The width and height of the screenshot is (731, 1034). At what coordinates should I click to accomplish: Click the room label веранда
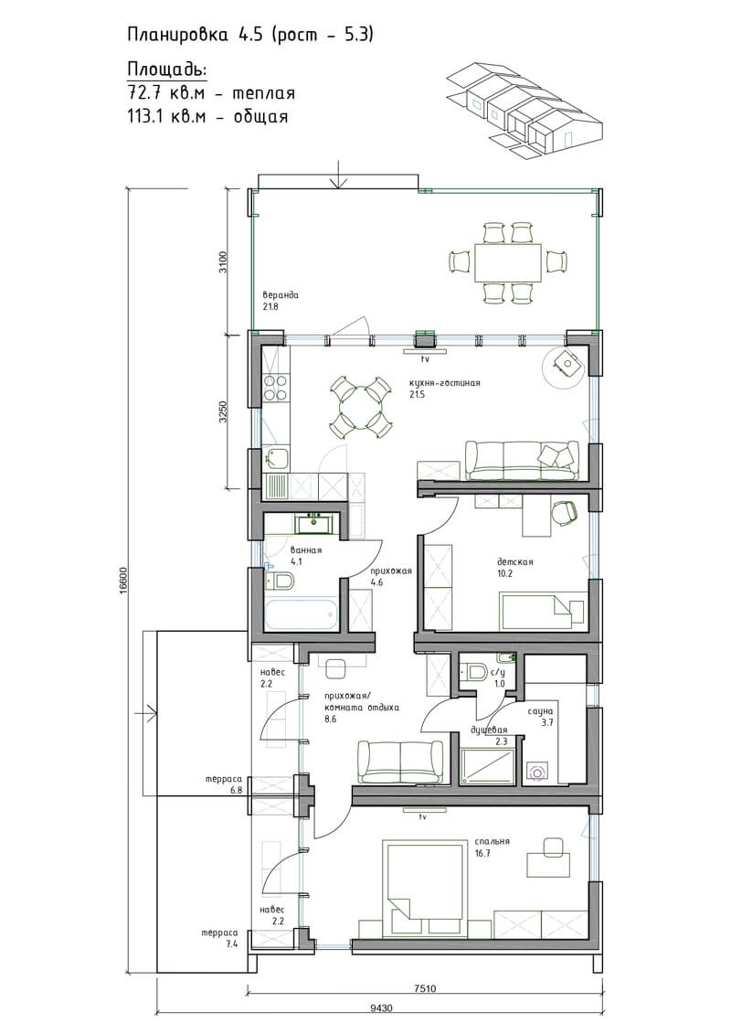click(281, 295)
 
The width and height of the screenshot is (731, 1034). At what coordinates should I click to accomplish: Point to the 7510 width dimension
click(425, 988)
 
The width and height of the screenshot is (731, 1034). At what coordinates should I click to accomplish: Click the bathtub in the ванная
click(302, 613)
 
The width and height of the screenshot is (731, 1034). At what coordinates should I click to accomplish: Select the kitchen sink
click(276, 457)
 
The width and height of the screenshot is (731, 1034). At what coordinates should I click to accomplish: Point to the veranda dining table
click(508, 261)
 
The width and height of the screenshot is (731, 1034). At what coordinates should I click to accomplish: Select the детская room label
click(514, 562)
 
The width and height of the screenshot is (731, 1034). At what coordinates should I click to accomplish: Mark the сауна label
click(540, 711)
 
